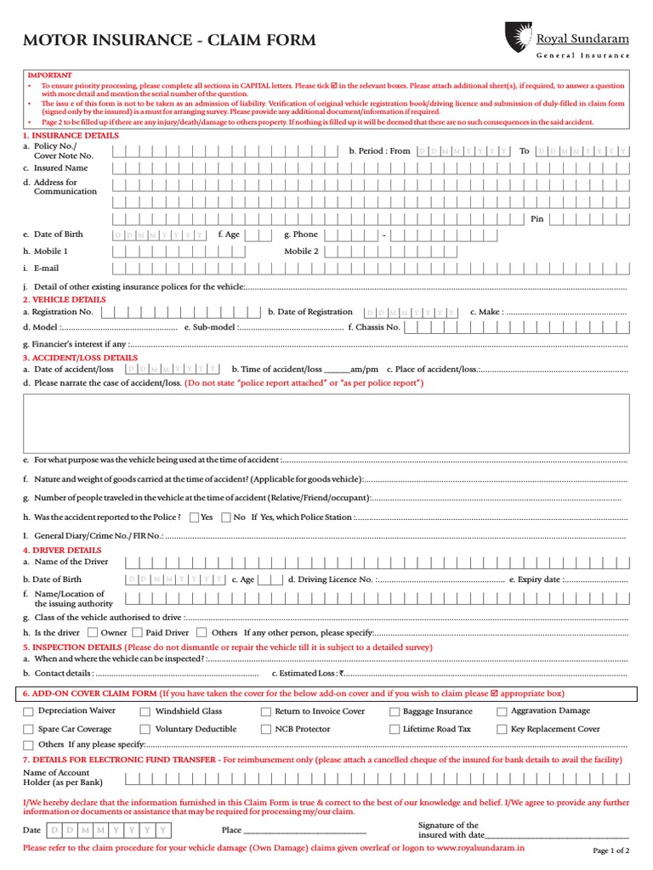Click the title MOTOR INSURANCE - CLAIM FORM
coord(169,40)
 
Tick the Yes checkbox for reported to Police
coord(195,517)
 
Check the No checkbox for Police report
coord(226,517)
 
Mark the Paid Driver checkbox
coord(136,632)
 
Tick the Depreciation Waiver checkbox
coord(30,711)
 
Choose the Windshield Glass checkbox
coord(145,712)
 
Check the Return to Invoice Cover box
coord(266,712)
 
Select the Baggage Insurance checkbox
coord(395,712)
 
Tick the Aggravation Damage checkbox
coord(503,712)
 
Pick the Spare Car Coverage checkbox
coord(30,730)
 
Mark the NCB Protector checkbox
coord(266,730)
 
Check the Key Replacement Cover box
coord(503,730)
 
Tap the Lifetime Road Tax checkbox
coord(395,730)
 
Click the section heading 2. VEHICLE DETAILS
coord(65,300)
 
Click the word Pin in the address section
coord(537,219)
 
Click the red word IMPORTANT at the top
coord(50,76)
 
